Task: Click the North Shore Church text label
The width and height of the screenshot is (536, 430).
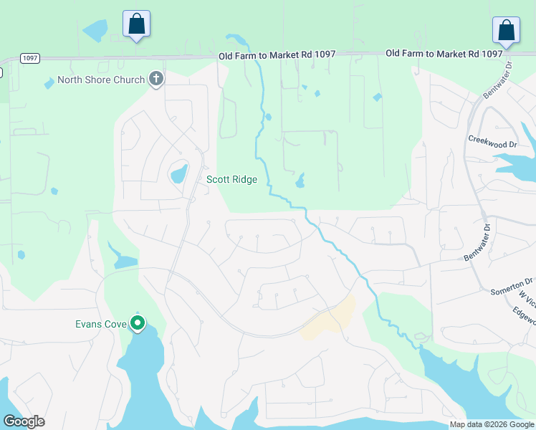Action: (101, 80)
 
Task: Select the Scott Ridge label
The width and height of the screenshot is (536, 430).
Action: (231, 179)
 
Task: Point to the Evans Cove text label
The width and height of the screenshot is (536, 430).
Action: (101, 324)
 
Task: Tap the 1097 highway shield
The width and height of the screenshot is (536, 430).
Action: (30, 59)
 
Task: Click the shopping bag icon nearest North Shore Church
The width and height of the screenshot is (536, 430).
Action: (136, 24)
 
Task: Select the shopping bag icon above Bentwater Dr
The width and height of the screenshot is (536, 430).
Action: (506, 31)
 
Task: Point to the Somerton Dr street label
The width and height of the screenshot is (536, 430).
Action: (512, 287)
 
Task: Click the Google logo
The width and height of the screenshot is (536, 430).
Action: (24, 421)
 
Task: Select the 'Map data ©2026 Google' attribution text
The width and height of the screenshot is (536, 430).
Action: (492, 424)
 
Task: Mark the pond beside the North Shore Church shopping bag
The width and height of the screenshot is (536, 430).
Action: (95, 31)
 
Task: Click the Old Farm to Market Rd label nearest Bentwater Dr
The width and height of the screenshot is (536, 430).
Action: (444, 54)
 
